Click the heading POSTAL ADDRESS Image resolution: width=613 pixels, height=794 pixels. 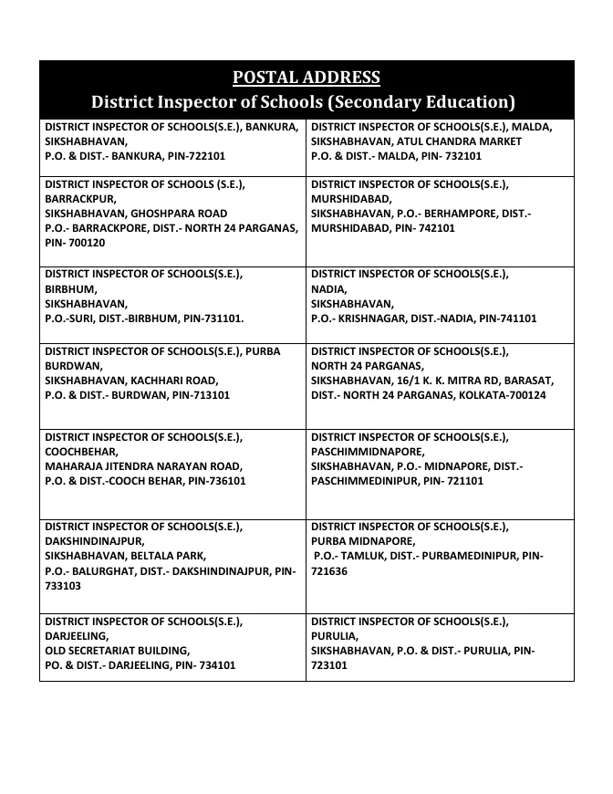[x=306, y=77]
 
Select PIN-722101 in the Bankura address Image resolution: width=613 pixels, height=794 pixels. [x=195, y=156]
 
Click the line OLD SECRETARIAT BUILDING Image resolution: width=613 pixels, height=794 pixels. [x=118, y=651]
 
